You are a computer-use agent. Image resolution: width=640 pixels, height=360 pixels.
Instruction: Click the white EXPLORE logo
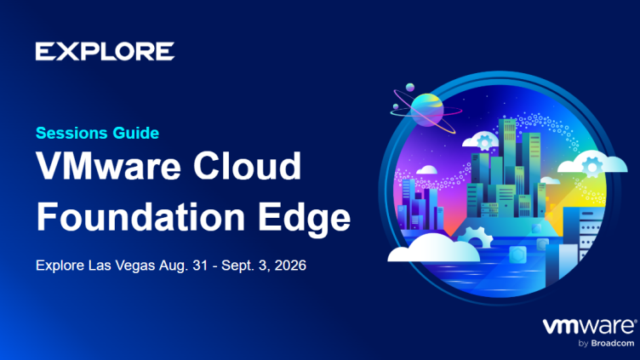105,51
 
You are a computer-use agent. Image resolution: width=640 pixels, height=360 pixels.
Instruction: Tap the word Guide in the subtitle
136,133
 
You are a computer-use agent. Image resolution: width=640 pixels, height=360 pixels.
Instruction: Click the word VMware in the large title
108,166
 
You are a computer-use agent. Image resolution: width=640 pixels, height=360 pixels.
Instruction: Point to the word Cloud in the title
248,166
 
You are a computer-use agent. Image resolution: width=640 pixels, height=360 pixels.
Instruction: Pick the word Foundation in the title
140,217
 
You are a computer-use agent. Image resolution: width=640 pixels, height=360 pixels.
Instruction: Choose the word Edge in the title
304,219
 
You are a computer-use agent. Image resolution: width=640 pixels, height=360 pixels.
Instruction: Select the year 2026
290,266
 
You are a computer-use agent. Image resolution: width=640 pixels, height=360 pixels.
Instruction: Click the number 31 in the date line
200,266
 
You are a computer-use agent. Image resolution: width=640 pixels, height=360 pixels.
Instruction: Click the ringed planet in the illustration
426,110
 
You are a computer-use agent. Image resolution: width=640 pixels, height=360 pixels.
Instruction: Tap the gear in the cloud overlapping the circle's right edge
592,166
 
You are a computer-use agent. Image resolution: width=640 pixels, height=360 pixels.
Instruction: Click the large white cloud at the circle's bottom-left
433,248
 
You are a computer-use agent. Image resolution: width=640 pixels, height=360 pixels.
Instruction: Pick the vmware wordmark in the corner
590,327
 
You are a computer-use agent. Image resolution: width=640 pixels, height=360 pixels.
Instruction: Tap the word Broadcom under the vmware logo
613,343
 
